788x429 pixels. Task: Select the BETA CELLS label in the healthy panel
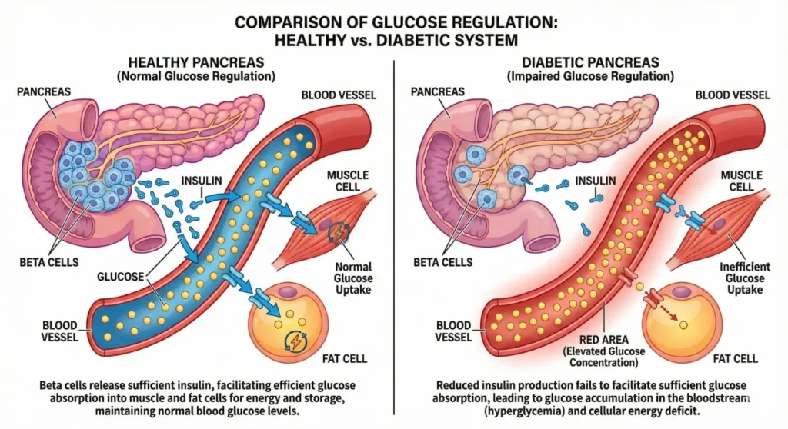click(x=50, y=262)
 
